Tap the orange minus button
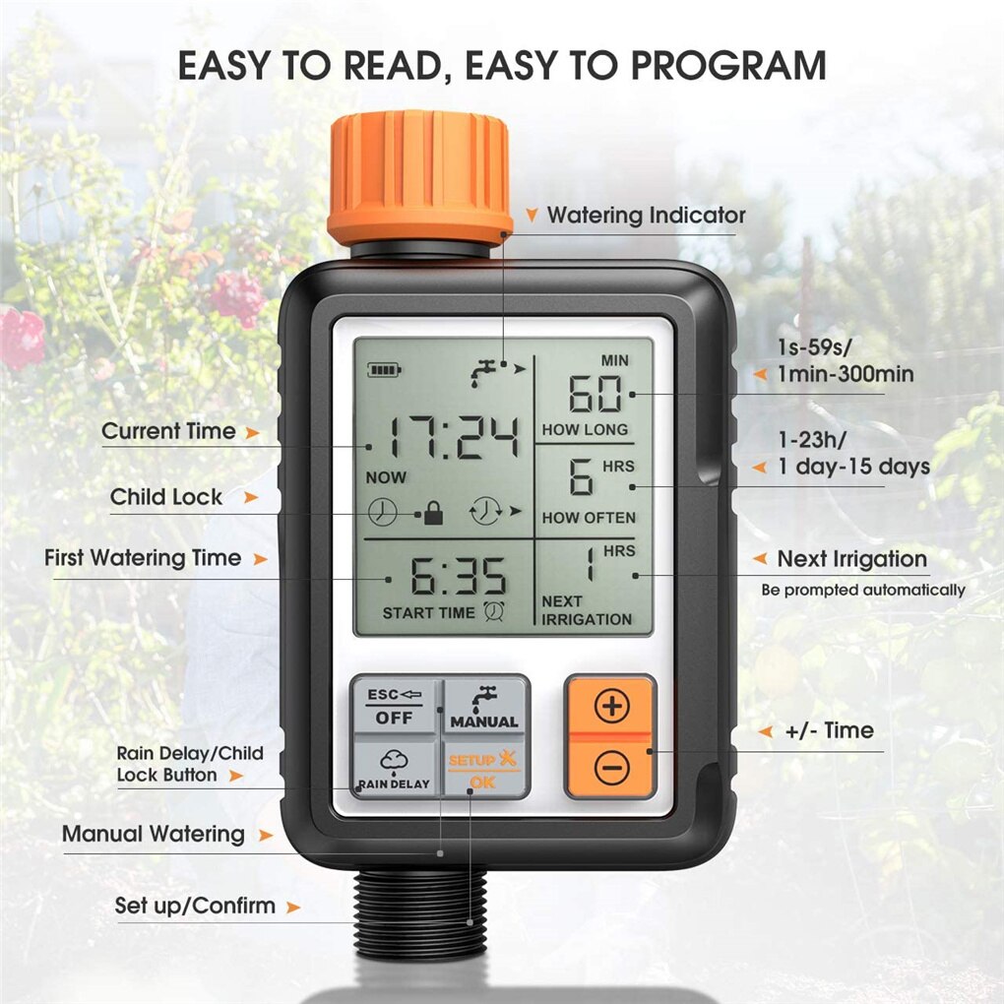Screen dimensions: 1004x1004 tap(611, 767)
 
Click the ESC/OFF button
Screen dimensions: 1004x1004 tap(394, 706)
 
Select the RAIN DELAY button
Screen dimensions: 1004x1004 tap(394, 769)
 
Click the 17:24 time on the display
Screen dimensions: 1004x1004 tap(453, 438)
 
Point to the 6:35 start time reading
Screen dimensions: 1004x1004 tap(458, 577)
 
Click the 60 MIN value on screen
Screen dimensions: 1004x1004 tap(596, 395)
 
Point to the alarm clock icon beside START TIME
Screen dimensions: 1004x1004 tap(493, 612)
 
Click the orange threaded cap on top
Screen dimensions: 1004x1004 tap(419, 177)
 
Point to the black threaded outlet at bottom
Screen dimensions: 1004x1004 tap(418, 910)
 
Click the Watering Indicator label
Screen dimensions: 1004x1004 tap(646, 215)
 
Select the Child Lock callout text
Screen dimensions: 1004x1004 tap(166, 497)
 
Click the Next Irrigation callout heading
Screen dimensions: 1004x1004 tap(851, 559)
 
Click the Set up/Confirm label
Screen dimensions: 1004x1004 tap(195, 906)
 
